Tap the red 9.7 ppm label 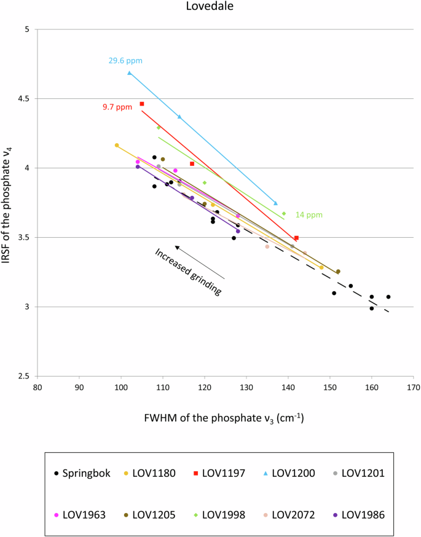(117, 107)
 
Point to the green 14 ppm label (309, 214)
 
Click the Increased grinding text (188, 272)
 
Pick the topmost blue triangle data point (129, 73)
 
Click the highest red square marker (142, 104)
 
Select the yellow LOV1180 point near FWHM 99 (117, 145)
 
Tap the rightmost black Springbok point (388, 297)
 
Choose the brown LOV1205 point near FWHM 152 (338, 271)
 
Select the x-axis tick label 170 (413, 388)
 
